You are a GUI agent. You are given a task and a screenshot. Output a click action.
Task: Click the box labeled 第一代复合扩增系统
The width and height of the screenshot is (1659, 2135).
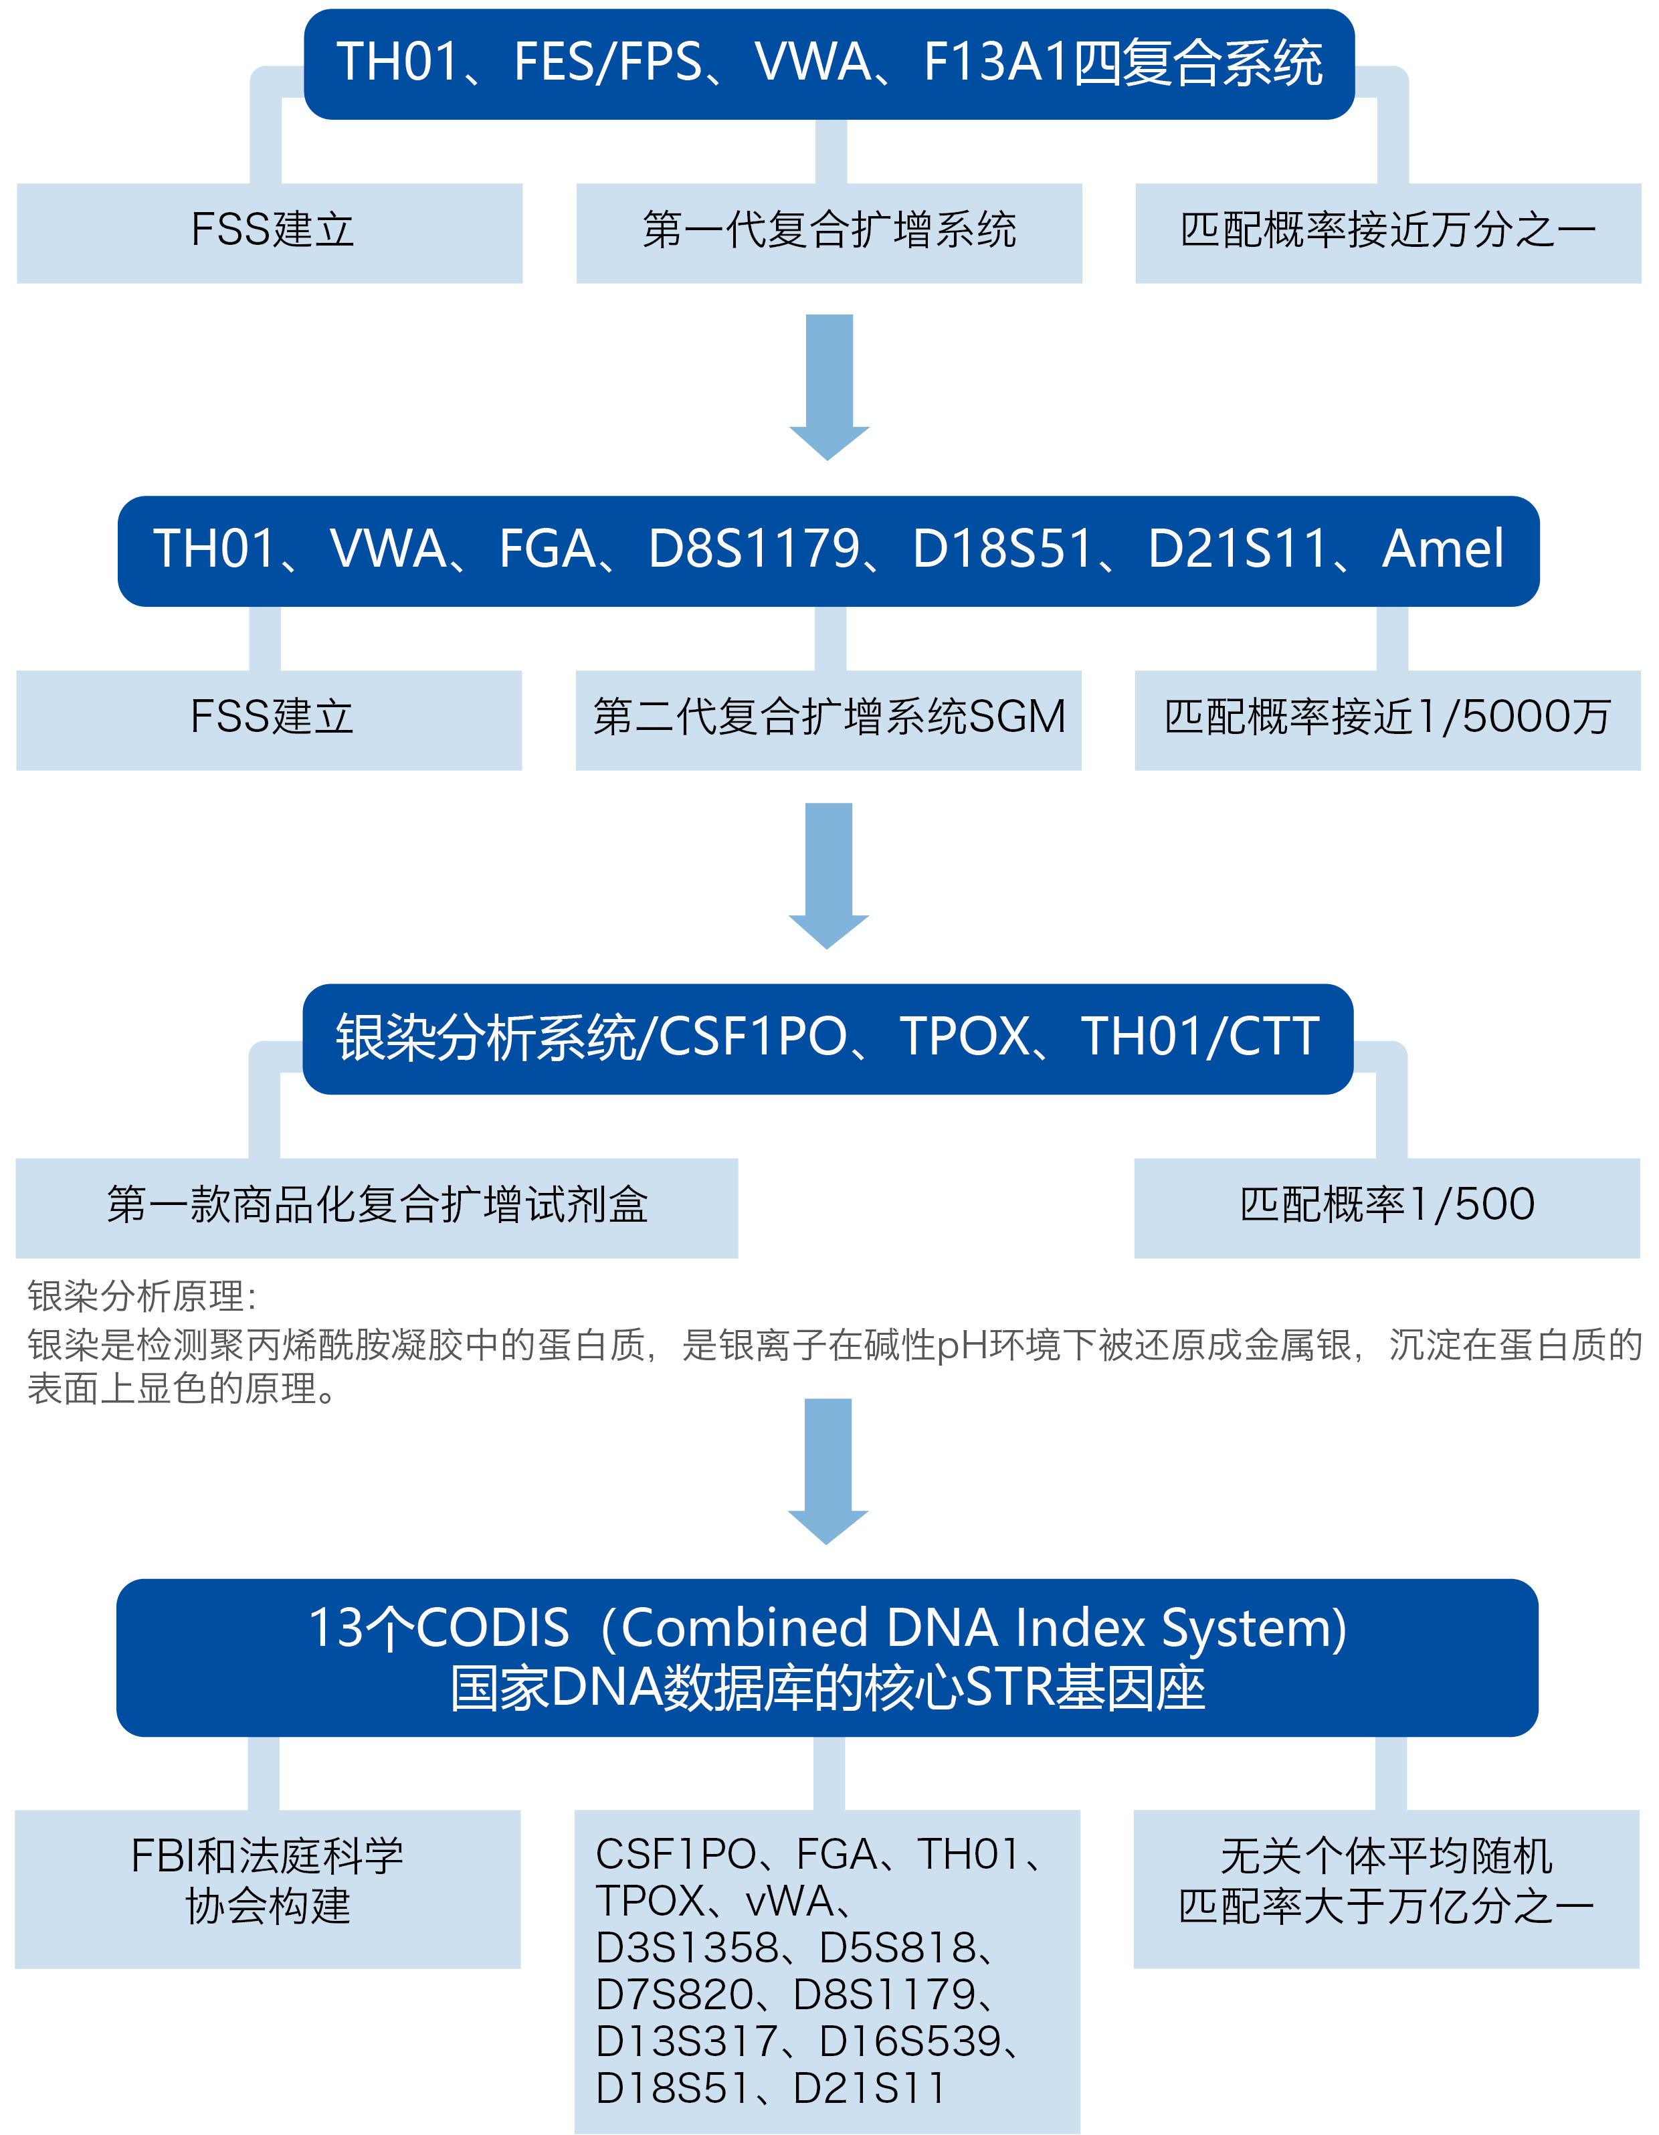[x=829, y=233]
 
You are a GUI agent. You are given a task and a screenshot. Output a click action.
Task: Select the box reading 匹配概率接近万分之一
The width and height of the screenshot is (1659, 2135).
[x=1387, y=233]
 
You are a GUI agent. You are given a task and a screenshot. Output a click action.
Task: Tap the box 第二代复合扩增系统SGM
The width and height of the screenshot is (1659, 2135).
[x=828, y=719]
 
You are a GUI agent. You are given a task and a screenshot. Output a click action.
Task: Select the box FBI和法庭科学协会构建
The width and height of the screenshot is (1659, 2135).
[x=268, y=1887]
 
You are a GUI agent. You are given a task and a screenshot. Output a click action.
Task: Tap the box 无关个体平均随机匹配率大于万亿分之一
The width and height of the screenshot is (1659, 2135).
[x=1385, y=1887]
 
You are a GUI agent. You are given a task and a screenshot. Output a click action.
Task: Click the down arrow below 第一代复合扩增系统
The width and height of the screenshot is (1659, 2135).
[x=829, y=386]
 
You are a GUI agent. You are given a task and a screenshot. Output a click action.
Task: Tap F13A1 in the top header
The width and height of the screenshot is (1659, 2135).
[x=995, y=63]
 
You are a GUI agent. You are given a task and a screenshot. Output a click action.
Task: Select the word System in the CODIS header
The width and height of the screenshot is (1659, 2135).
[x=1254, y=1629]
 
